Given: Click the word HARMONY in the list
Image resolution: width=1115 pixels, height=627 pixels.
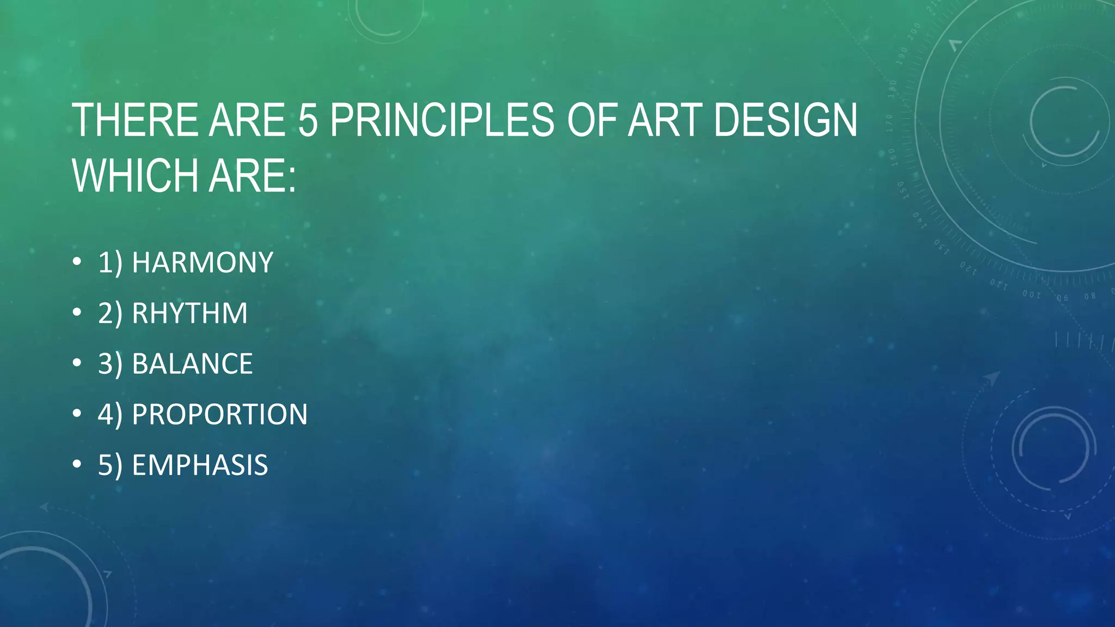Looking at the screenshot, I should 203,263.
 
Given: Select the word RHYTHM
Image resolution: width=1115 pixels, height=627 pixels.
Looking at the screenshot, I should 189,313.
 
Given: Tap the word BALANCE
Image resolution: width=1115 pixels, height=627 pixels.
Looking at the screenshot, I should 192,364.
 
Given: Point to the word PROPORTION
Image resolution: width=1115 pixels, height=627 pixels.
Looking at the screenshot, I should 219,415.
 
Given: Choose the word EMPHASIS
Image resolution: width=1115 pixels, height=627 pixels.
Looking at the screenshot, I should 200,465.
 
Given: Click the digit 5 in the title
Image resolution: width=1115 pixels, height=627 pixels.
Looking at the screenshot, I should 308,120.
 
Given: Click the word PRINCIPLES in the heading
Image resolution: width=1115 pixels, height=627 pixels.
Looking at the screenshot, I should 442,120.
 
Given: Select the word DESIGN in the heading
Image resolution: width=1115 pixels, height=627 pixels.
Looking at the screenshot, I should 785,120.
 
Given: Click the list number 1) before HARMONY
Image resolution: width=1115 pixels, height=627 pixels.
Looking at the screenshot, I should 109,263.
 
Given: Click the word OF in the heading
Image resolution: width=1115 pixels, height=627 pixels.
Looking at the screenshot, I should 592,120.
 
